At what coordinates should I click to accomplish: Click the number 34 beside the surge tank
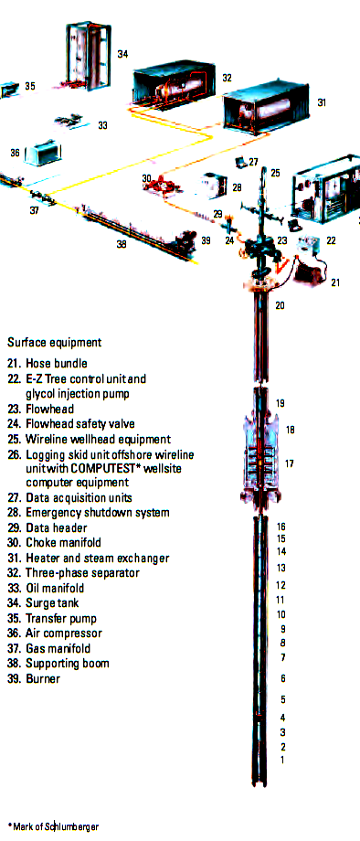[x=122, y=54]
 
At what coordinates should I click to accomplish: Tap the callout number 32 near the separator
[x=228, y=78]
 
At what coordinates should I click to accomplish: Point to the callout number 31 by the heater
[x=322, y=102]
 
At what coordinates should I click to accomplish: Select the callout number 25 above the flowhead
[x=275, y=173]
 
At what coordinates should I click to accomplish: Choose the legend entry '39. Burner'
[x=34, y=678]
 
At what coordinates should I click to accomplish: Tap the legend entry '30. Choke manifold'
[x=54, y=542]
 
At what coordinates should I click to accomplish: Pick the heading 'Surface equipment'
[x=55, y=342]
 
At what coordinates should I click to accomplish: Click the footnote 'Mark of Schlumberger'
[x=56, y=826]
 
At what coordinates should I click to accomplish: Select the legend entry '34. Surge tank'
[x=43, y=602]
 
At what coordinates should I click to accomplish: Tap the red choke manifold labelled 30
[x=162, y=186]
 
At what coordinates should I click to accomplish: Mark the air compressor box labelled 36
[x=43, y=154]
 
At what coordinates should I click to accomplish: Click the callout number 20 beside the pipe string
[x=281, y=305]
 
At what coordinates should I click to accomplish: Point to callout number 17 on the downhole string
[x=290, y=463]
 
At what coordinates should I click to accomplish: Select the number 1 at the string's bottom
[x=282, y=760]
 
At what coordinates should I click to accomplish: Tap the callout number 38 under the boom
[x=122, y=244]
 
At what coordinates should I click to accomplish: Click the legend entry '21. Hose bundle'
[x=48, y=364]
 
